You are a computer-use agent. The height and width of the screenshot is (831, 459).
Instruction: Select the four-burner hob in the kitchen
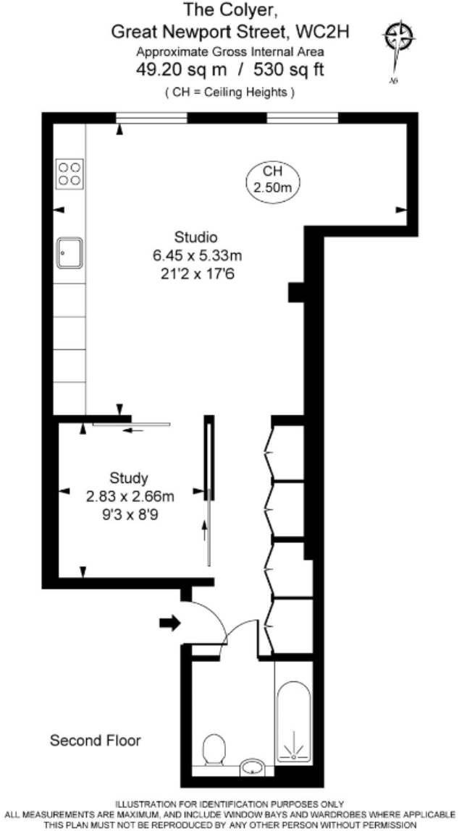(x=70, y=174)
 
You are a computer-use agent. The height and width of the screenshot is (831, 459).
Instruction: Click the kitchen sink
(x=70, y=253)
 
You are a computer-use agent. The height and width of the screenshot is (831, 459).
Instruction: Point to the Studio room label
(x=196, y=236)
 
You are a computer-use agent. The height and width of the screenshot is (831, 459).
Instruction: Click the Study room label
(x=129, y=478)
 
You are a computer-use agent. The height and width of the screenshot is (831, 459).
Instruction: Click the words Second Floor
(x=95, y=741)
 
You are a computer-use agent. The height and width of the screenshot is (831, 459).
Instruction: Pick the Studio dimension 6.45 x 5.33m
(x=196, y=255)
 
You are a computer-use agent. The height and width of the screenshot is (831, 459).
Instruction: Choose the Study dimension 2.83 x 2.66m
(x=130, y=496)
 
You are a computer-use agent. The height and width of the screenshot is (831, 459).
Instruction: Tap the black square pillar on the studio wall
(x=295, y=291)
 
